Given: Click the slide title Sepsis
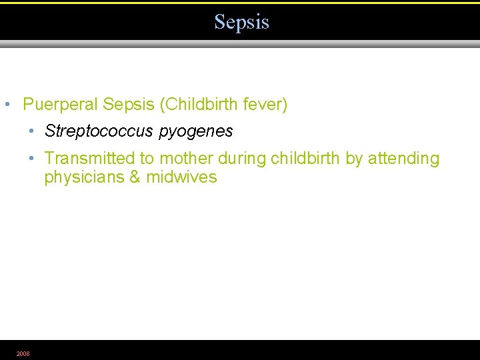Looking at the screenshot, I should (241, 22).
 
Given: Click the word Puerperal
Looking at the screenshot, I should (60, 105).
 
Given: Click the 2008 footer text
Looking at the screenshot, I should (23, 353).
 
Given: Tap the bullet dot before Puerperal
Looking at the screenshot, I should (7, 105).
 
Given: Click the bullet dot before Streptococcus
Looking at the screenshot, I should (31, 132).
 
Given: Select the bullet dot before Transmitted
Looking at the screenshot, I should (31, 159).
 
